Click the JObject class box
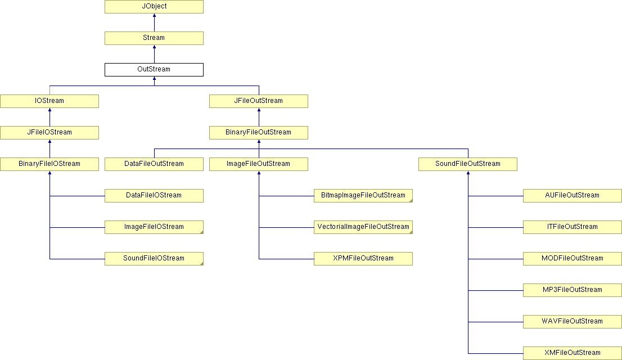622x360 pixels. coord(154,6)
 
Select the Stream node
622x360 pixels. coord(154,38)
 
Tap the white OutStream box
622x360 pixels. coord(154,69)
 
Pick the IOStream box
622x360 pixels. coord(49,101)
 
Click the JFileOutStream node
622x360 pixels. coord(259,101)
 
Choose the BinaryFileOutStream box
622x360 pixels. coord(259,133)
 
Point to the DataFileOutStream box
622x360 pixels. coord(154,164)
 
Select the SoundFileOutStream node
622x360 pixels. coord(468,164)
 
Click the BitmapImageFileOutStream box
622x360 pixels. coord(363,196)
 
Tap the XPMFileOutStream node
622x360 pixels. coord(363,258)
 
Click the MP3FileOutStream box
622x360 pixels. coord(573,290)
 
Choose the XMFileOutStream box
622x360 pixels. coord(573,353)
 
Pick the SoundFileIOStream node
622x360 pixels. coord(154,258)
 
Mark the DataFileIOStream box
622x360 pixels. coord(154,196)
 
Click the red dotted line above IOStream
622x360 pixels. coord(49,90)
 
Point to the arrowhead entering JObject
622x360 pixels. coord(154,15)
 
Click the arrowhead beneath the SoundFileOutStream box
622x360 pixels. coord(468,173)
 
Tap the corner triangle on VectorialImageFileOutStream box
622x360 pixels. coord(411,232)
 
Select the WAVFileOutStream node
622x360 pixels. coord(573,322)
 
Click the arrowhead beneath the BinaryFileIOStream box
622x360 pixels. coord(49,173)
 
